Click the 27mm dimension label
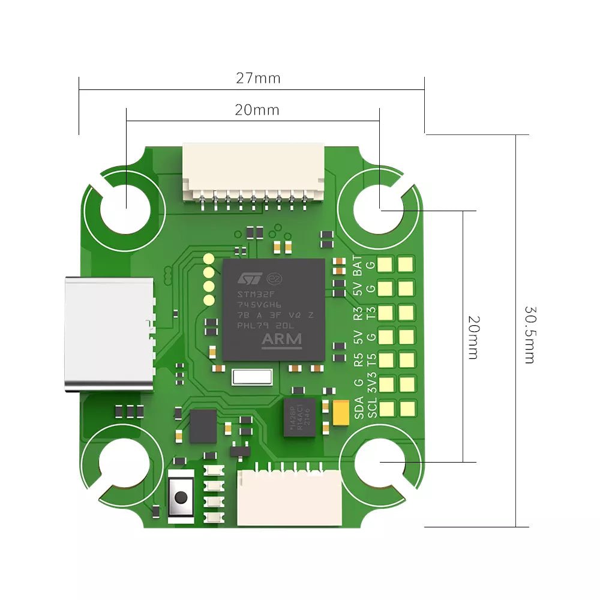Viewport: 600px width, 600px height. coord(258,78)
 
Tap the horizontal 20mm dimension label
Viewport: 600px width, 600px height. coord(257,110)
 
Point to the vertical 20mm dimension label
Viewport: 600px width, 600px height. coord(473,337)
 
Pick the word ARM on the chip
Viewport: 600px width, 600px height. coord(282,340)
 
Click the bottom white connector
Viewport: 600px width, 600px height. coord(289,498)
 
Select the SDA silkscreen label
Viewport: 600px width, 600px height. coord(358,408)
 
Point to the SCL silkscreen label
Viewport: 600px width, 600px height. coord(371,408)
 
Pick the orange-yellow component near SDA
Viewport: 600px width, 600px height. coord(341,413)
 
